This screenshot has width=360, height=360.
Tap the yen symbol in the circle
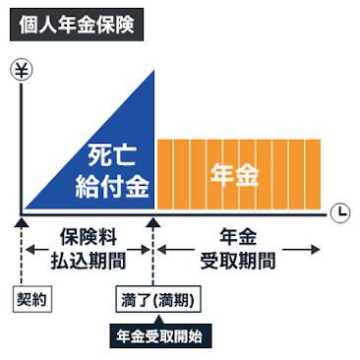19,70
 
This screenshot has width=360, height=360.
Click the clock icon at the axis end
338,210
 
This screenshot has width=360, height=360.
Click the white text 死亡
109,154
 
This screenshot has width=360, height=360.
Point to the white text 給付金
109,184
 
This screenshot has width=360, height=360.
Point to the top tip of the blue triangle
155,71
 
